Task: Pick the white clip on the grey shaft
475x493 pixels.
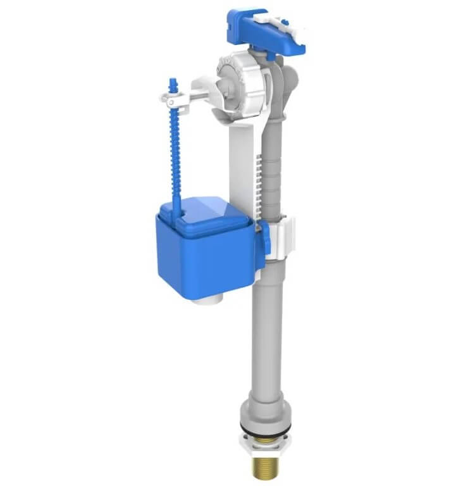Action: (281, 237)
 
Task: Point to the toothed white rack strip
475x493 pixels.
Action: (257, 184)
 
